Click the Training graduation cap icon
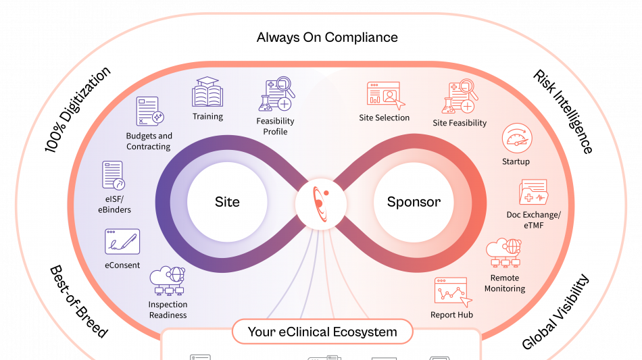207,93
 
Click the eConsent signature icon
122,242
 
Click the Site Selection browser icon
384,95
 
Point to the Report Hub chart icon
451,291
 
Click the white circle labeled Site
227,202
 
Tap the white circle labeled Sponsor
414,202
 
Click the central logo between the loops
320,202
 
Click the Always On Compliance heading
327,37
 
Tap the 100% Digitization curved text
77,108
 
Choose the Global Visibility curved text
555,312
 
